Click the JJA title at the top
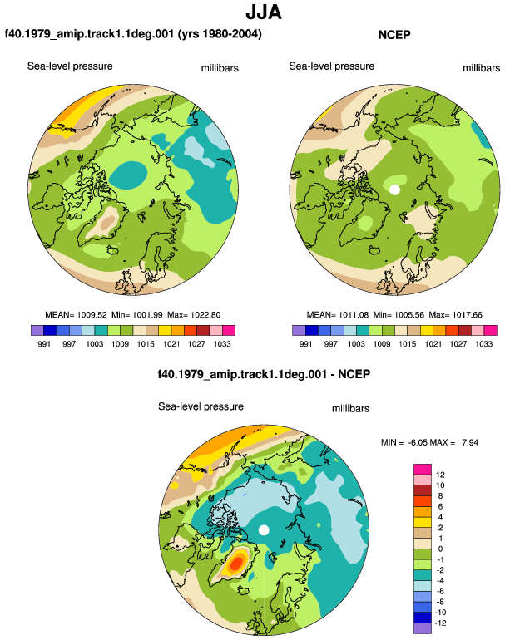(264, 12)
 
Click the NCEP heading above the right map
(394, 35)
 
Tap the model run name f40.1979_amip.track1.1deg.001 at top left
(89, 33)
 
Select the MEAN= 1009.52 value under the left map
(76, 315)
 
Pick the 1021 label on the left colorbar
(171, 343)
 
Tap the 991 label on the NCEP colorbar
(305, 343)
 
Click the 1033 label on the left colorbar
(222, 343)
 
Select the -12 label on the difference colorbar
(440, 623)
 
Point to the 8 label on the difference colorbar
(440, 496)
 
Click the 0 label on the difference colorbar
(440, 549)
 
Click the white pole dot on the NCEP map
(394, 190)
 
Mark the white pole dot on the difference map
(264, 530)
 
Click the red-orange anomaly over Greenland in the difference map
(236, 564)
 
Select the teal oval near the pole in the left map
(128, 175)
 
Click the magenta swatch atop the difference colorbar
(423, 469)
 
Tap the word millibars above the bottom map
(350, 409)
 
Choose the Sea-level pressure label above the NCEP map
(331, 66)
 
